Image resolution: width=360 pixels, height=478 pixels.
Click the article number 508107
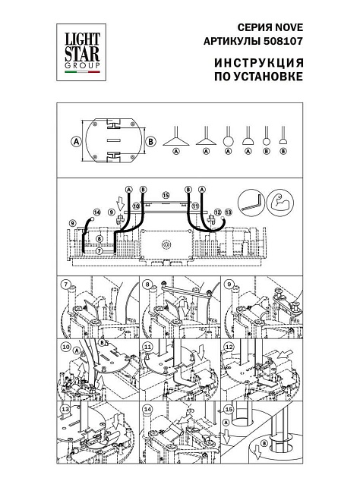click(282, 36)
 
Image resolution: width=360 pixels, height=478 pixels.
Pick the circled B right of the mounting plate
click(151, 141)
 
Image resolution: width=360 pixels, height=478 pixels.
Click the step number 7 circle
click(67, 285)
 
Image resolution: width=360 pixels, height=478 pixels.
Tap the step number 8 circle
click(145, 285)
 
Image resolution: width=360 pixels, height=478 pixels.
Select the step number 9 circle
click(227, 285)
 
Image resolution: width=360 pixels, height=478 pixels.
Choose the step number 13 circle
click(66, 410)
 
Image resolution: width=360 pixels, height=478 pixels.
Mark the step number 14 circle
click(147, 410)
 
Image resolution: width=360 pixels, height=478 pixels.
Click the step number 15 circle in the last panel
click(228, 410)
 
